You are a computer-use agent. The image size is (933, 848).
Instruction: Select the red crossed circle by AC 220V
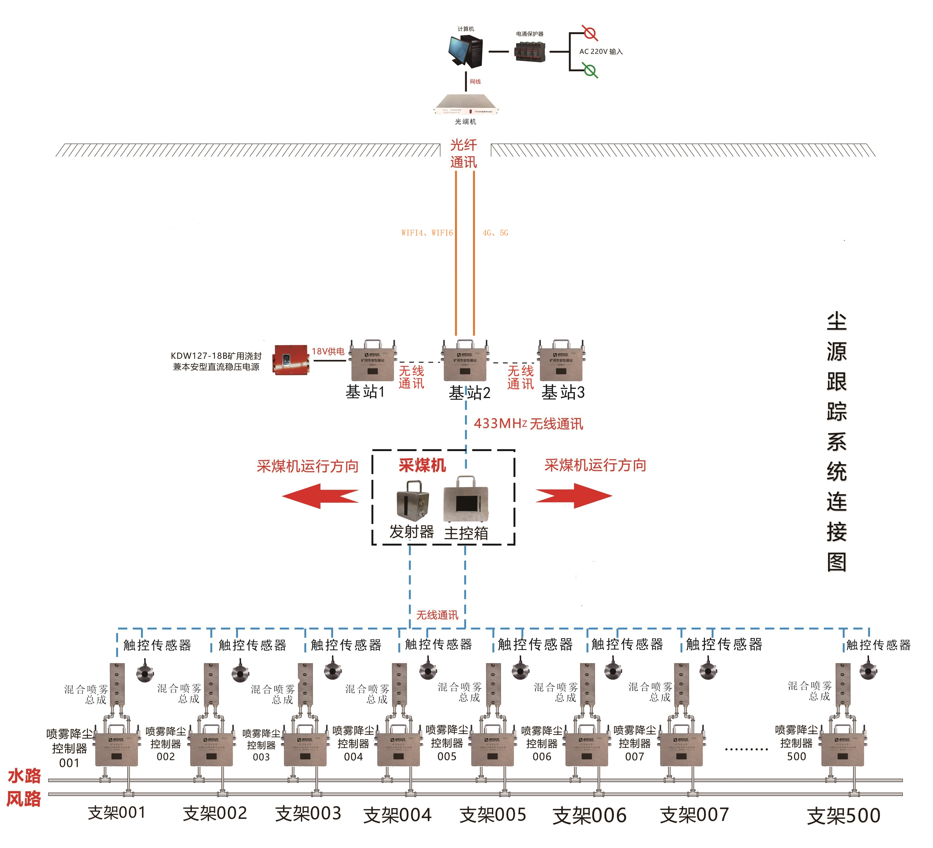(x=590, y=33)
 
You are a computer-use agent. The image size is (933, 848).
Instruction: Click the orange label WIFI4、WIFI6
(x=427, y=233)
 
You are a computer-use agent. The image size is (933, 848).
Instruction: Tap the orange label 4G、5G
(x=495, y=233)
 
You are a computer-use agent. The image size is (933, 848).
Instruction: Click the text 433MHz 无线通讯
(x=528, y=423)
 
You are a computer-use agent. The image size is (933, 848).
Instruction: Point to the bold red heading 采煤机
(x=422, y=465)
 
